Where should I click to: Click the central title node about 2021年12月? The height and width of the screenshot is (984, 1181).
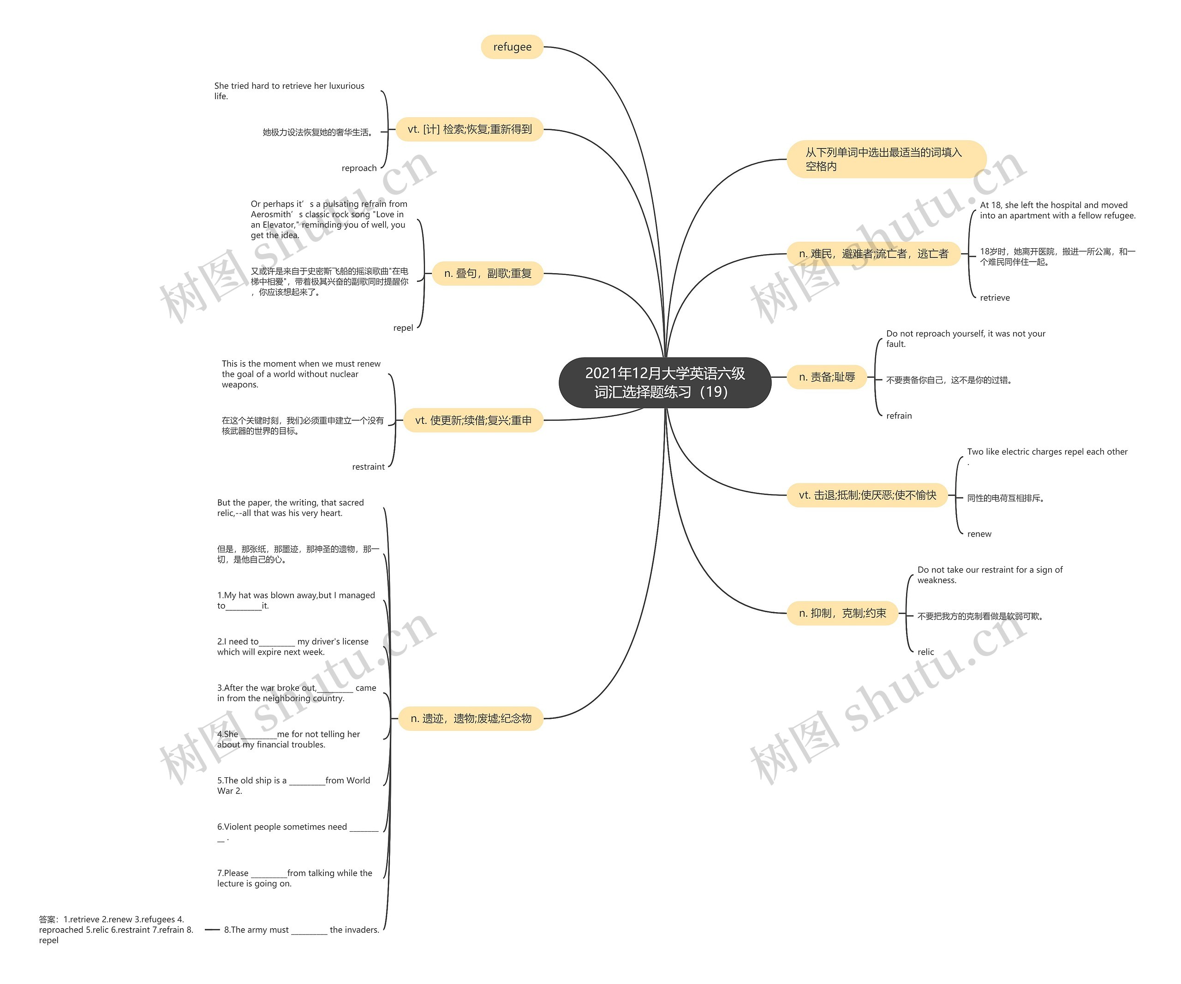[665, 382]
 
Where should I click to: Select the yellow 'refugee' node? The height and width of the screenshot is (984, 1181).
[513, 47]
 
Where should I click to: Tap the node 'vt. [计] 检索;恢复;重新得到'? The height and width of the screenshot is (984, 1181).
[470, 129]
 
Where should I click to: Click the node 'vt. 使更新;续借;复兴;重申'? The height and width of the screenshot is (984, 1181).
[473, 420]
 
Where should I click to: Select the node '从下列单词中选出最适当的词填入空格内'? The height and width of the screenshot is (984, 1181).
[886, 159]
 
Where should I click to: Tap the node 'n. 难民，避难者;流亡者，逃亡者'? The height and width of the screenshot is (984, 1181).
[873, 254]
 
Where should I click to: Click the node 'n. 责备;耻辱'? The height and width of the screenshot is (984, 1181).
[827, 377]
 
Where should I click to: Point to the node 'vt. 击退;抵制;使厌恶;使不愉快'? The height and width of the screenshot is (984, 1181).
[867, 495]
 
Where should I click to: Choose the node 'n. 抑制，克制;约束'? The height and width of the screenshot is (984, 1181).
[842, 613]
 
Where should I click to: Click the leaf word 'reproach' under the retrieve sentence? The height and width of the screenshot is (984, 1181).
[359, 168]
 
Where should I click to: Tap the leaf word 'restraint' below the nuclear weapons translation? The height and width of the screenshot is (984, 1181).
[368, 467]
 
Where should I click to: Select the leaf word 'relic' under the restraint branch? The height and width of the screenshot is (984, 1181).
[926, 652]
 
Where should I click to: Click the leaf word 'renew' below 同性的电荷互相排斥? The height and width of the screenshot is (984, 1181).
[979, 534]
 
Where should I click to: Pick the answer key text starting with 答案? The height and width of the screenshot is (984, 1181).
[116, 930]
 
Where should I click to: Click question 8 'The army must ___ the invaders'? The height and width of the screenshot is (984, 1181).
[301, 930]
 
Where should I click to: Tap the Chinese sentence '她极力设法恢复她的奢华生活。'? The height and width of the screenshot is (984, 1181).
[318, 132]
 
